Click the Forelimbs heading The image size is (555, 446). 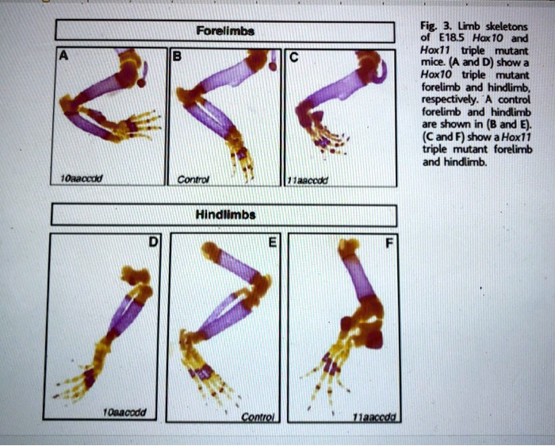tap(224, 33)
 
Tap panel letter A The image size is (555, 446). tap(61, 57)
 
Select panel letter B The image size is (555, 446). tap(177, 58)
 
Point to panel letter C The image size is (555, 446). tap(293, 58)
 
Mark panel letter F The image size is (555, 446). tap(388, 244)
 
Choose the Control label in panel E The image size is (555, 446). tap(256, 415)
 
